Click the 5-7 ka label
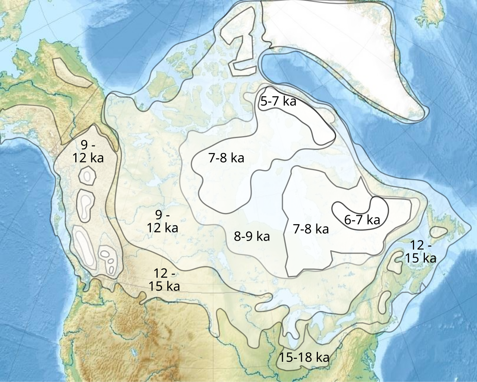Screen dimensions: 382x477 (x=278, y=101)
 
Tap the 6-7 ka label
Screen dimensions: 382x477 (x=362, y=220)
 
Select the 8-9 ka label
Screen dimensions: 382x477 (x=252, y=236)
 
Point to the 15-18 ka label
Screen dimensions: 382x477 (x=304, y=357)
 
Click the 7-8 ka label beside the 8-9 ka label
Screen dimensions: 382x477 (x=311, y=229)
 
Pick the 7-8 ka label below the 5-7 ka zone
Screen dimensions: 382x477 (x=226, y=158)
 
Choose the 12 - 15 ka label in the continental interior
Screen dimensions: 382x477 (x=164, y=279)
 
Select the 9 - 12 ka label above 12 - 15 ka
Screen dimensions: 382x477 (x=162, y=221)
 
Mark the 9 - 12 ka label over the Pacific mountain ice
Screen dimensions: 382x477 (x=88, y=151)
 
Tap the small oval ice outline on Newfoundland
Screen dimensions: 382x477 (x=438, y=232)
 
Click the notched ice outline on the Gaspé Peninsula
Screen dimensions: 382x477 (x=393, y=263)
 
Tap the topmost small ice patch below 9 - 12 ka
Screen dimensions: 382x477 (x=88, y=175)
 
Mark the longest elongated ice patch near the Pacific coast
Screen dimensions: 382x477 (x=83, y=246)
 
